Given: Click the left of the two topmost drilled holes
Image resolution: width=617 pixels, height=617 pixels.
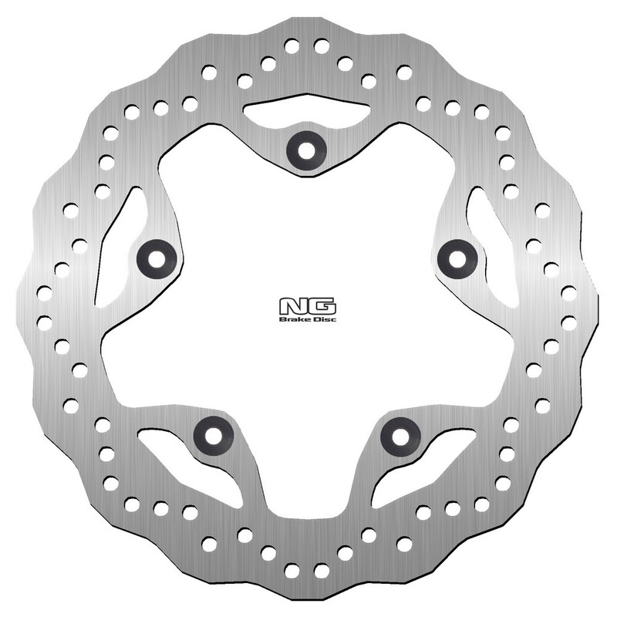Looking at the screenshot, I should [x=292, y=46].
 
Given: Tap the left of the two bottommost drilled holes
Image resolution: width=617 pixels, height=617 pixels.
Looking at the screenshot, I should [x=292, y=571].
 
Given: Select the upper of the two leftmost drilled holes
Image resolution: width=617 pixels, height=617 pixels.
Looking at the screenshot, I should [x=44, y=294].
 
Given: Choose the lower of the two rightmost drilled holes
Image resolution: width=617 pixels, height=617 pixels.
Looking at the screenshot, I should [x=569, y=322].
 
